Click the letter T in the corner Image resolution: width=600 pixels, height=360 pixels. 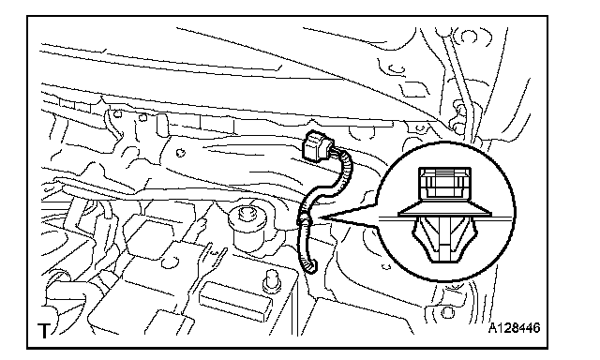click(x=44, y=331)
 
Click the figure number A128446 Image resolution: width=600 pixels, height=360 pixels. click(x=515, y=328)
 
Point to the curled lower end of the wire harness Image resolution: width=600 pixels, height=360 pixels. click(x=310, y=266)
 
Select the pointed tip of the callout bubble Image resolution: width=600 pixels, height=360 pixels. click(x=323, y=218)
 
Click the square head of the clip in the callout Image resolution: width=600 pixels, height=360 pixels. click(x=444, y=184)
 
